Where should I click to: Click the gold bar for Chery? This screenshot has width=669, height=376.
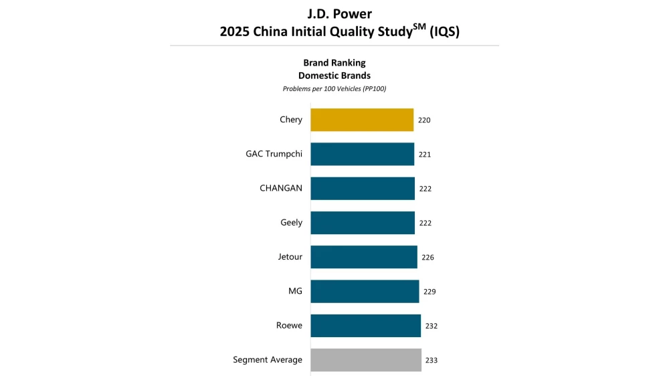point(362,120)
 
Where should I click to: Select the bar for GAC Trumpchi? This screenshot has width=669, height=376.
point(362,154)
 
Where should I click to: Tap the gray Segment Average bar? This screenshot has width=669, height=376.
point(366,360)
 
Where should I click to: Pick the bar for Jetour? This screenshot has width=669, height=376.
point(364,257)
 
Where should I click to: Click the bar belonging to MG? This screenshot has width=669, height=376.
point(365,292)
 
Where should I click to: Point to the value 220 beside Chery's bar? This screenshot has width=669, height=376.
point(424,120)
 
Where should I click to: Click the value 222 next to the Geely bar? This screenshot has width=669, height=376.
point(425,223)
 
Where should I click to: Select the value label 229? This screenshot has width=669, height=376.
point(429,292)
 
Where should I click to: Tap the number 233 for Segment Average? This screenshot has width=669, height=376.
point(432,361)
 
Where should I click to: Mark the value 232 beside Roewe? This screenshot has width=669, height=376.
point(432,326)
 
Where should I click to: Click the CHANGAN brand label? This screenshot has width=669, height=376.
point(281,189)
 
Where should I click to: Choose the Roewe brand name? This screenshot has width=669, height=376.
point(289,326)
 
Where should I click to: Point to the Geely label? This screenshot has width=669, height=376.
point(291,223)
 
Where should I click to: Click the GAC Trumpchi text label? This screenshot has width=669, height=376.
point(274,154)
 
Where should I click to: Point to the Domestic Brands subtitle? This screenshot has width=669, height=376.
point(334,76)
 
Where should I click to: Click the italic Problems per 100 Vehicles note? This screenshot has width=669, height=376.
point(334,89)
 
